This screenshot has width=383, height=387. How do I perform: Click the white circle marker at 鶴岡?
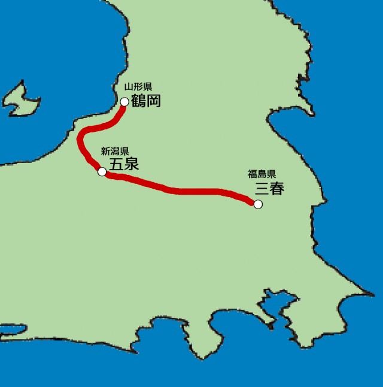tap(124, 102)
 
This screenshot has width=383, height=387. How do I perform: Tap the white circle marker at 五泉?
tap(102, 172)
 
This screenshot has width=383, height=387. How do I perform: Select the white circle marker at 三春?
tap(258, 204)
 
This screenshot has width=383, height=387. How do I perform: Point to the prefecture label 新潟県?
tap(114, 152)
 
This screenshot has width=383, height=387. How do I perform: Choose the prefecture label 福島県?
tap(262, 174)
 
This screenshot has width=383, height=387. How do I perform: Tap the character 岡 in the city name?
tap(153, 101)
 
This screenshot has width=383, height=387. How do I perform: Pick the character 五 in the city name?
tap(116, 164)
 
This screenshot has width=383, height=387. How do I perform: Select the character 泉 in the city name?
tap(131, 164)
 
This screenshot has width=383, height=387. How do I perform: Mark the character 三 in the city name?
tap(262, 189)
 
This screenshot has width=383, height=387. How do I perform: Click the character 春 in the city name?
tap(277, 189)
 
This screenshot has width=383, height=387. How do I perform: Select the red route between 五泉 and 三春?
tap(180, 191)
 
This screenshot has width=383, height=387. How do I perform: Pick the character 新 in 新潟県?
tap(105, 152)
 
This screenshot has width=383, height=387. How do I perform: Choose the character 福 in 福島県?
tap(253, 174)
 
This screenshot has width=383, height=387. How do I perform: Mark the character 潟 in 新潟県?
tap(114, 152)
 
